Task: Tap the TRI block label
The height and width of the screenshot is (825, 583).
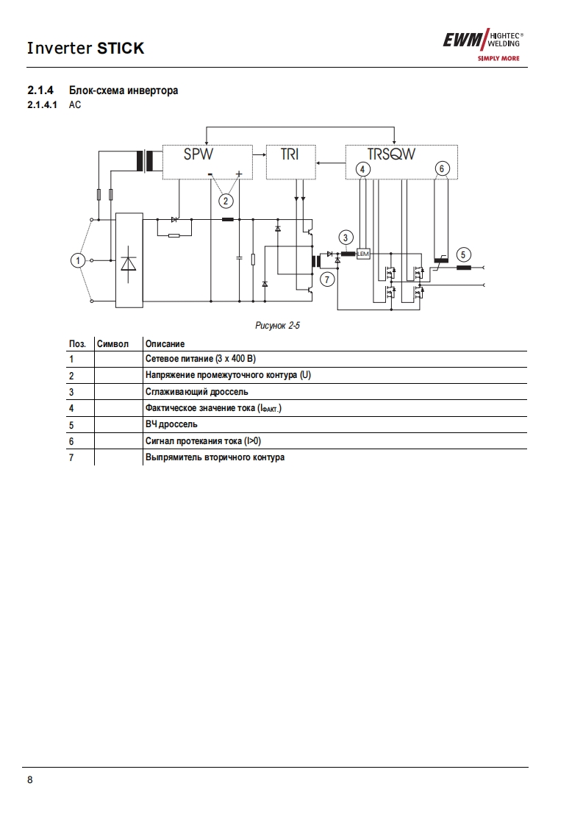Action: [x=290, y=155]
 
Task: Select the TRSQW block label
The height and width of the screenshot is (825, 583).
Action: [x=391, y=154]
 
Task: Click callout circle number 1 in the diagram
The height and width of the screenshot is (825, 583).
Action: [x=77, y=260]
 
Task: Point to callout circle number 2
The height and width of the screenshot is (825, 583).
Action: [x=226, y=199]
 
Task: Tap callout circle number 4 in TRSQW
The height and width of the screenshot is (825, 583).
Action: [x=362, y=168]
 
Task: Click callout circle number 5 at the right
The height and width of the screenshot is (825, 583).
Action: [x=462, y=254]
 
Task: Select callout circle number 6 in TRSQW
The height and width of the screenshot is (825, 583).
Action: [x=442, y=168]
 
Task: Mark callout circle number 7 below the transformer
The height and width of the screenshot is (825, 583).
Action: [x=328, y=279]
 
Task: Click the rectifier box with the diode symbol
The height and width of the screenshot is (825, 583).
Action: [x=130, y=260]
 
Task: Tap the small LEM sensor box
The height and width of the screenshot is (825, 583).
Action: [x=363, y=254]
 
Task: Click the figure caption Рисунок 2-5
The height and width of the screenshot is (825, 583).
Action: [x=277, y=325]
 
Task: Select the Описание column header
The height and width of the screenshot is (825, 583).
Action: [x=165, y=343]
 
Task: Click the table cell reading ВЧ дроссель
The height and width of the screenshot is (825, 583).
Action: [x=171, y=424]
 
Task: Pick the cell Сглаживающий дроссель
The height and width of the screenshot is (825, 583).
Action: [x=196, y=392]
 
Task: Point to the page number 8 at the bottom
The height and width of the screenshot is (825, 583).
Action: [x=29, y=780]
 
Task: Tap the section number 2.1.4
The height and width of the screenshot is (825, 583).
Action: [x=40, y=90]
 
